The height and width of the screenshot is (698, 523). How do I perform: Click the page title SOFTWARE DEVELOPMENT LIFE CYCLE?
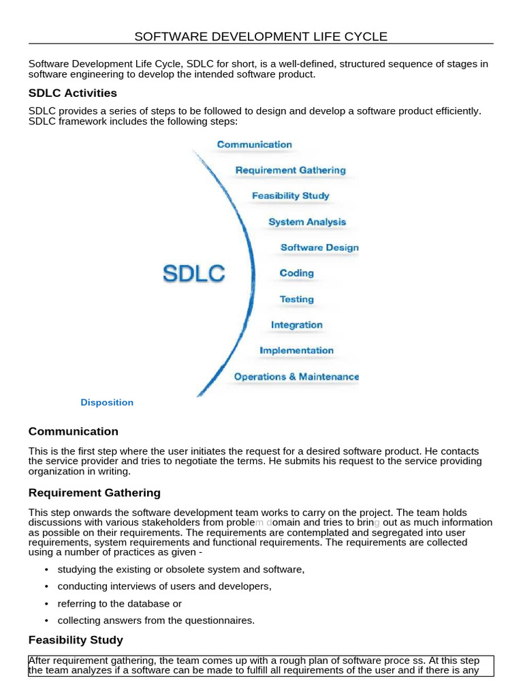tap(261, 37)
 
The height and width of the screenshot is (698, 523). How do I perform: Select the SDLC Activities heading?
tap(73, 93)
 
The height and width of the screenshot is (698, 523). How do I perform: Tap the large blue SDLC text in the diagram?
tap(194, 274)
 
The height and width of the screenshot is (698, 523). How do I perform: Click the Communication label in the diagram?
tap(254, 145)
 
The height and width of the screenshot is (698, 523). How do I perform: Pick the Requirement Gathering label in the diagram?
tap(290, 170)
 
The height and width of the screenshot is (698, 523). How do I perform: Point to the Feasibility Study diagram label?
tap(290, 196)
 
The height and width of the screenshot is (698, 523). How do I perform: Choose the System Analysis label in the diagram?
tap(307, 222)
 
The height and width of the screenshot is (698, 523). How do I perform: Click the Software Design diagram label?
tap(319, 247)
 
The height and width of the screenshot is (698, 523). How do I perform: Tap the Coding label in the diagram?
tap(297, 273)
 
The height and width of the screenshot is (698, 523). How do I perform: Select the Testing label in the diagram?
tap(297, 299)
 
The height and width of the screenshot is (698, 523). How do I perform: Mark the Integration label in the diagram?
tap(297, 325)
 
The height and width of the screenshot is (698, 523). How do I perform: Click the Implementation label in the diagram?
tap(297, 351)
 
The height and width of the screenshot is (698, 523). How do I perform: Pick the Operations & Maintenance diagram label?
tap(296, 377)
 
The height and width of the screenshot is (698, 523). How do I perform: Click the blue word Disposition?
tap(107, 403)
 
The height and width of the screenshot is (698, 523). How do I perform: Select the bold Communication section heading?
tap(74, 431)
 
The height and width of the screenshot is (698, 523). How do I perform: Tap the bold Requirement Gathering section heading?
tap(95, 493)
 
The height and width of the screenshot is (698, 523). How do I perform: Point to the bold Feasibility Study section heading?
tap(76, 640)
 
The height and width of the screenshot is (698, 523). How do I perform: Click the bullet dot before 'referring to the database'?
tap(46, 604)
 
